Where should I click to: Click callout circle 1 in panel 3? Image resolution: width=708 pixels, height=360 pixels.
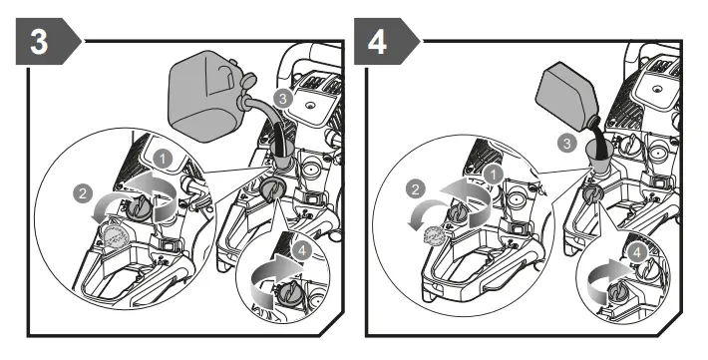[163, 160]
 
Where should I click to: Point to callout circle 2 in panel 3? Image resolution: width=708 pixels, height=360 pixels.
[83, 194]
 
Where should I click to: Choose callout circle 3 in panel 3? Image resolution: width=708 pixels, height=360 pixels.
[283, 99]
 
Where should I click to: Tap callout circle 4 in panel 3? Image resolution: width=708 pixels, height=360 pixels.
[303, 250]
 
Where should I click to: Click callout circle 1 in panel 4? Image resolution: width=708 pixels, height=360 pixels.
[494, 175]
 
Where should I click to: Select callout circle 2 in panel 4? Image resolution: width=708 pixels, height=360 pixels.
[416, 189]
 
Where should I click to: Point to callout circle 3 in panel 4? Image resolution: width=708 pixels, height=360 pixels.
[567, 144]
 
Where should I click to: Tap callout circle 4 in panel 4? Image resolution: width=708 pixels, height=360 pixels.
[637, 253]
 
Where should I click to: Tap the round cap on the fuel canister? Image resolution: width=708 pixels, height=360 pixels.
[248, 82]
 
